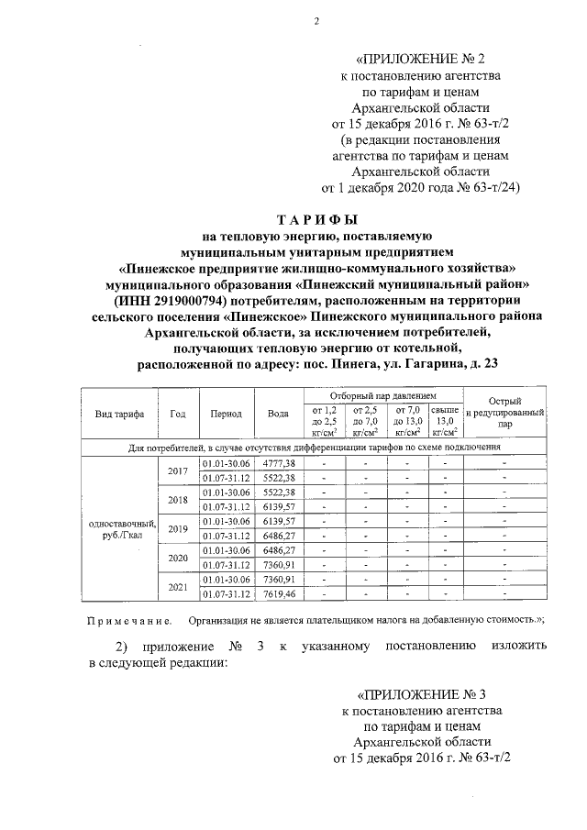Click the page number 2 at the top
coord(315,22)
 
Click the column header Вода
coord(278,414)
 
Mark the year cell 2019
coord(178,528)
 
